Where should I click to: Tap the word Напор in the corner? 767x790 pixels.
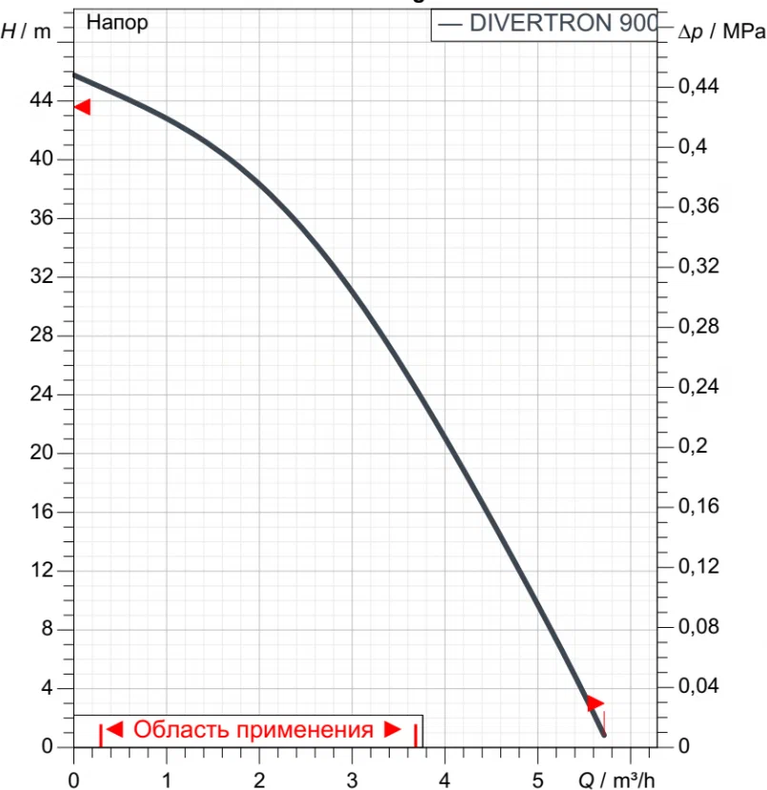tap(117, 23)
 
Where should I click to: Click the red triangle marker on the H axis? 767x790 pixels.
tap(82, 107)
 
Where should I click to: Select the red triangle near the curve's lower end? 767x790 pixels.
tap(595, 703)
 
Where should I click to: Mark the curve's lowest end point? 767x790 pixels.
tap(603, 735)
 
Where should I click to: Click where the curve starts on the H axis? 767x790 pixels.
tap(74, 74)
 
